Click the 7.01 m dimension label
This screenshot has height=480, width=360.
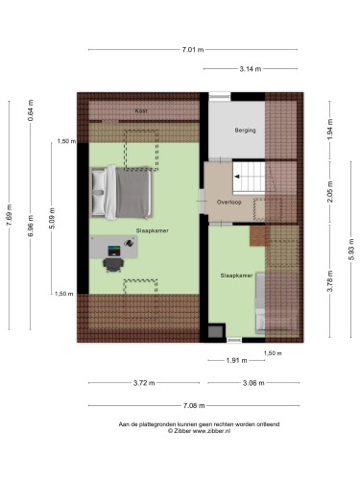pyautogui.click(x=193, y=50)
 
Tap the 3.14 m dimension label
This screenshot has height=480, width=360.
pyautogui.click(x=251, y=69)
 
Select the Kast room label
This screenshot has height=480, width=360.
pyautogui.click(x=141, y=110)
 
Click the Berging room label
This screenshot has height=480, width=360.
pyautogui.click(x=245, y=131)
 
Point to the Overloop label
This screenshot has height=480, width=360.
pyautogui.click(x=228, y=203)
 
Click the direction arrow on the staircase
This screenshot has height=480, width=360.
pyautogui.click(x=237, y=177)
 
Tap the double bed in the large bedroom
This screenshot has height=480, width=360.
pyautogui.click(x=122, y=193)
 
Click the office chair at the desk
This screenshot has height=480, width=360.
pyautogui.click(x=113, y=265)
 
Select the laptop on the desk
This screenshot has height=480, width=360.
pyautogui.click(x=114, y=251)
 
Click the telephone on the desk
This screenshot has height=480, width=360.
pyautogui.click(x=129, y=243)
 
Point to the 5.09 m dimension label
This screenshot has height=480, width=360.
pyautogui.click(x=53, y=218)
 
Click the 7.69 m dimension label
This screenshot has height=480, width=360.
pyautogui.click(x=10, y=215)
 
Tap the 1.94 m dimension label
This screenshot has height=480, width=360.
pyautogui.click(x=330, y=129)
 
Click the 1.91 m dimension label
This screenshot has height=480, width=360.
pyautogui.click(x=236, y=361)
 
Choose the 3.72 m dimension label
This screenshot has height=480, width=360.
pyautogui.click(x=144, y=383)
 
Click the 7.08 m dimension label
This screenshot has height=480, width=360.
pyautogui.click(x=194, y=406)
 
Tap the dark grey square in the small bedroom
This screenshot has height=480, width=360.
pyautogui.click(x=215, y=331)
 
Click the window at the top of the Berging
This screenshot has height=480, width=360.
pyautogui.click(x=220, y=95)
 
